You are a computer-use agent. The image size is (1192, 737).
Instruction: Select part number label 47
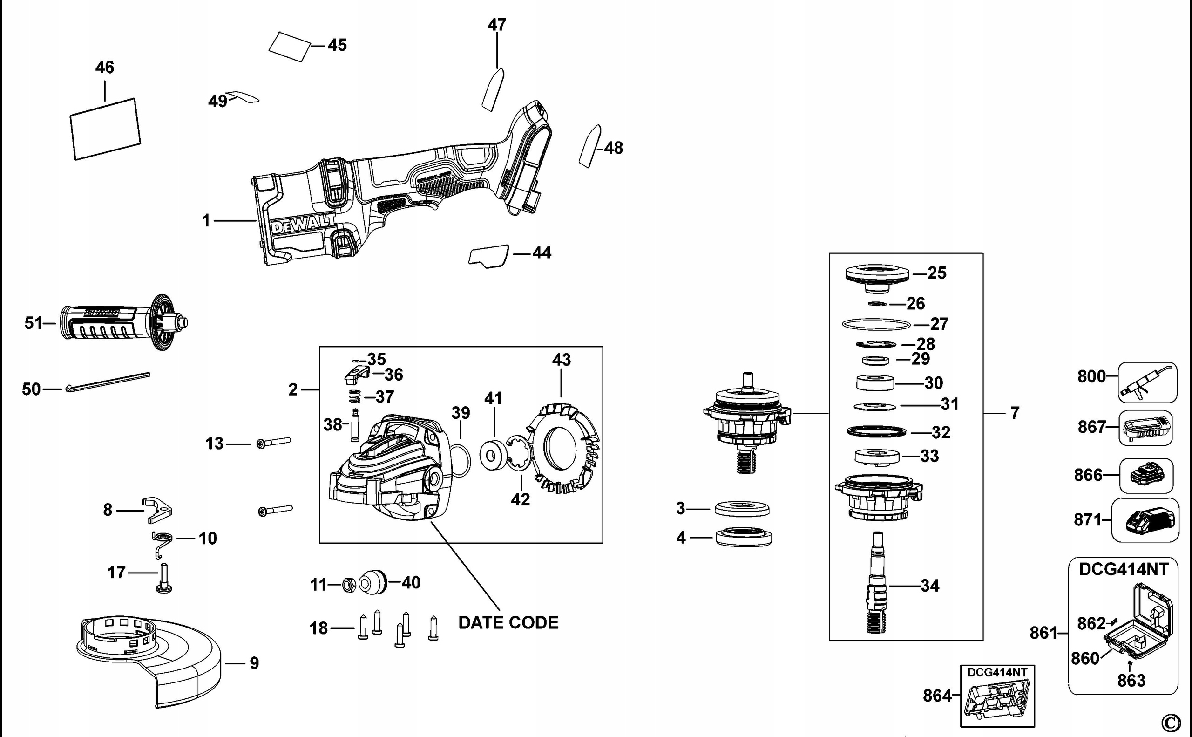coord(497,24)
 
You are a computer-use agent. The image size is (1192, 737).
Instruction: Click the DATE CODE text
coord(508,622)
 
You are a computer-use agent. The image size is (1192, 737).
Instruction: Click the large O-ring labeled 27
coord(876,324)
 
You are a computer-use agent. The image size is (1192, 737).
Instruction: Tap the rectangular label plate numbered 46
coord(105,129)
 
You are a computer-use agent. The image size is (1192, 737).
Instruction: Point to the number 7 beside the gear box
coord(1015,413)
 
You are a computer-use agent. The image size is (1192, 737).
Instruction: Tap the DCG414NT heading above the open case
coord(1123,569)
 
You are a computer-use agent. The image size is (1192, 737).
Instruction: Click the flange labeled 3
coord(742,509)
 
